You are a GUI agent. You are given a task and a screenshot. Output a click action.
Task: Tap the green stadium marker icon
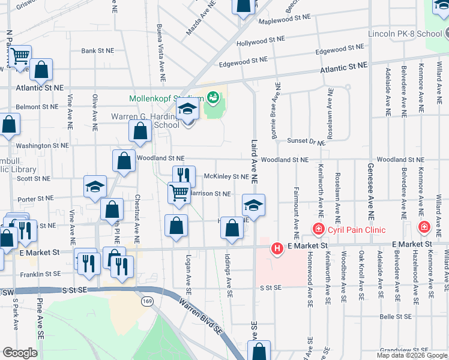212,96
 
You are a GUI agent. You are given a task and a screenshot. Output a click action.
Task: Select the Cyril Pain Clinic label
357,230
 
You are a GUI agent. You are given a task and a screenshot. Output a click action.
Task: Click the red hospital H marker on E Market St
277,247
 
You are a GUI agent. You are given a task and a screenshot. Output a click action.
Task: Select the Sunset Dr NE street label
306,141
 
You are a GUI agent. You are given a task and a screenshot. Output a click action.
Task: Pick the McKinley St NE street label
226,176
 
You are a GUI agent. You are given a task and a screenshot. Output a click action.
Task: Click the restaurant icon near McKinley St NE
184,176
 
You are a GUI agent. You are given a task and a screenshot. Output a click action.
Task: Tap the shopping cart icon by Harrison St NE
179,193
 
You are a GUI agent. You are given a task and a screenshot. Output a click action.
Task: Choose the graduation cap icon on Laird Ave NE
253,205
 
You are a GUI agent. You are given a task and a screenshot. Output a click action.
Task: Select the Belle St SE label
394,316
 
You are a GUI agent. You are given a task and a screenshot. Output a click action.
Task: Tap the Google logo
20,353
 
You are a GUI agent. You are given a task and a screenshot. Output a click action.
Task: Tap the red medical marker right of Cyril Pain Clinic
424,227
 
